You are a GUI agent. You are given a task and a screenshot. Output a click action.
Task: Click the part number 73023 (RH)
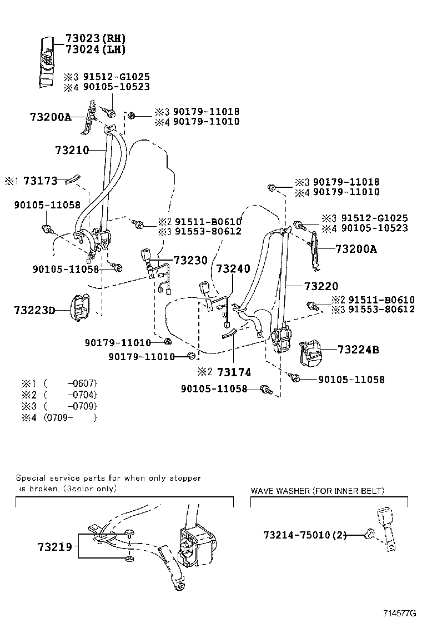point(95,39)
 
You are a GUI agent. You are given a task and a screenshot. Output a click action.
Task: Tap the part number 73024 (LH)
point(95,50)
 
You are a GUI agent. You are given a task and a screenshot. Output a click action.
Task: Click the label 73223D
point(34,310)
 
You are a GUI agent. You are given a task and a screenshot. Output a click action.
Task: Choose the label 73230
point(190,260)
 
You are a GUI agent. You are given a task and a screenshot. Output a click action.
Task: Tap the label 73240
point(233,268)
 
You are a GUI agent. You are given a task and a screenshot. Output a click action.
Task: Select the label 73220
point(320,287)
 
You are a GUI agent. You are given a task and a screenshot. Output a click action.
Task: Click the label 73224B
point(358,350)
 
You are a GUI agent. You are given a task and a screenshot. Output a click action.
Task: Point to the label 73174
point(234,371)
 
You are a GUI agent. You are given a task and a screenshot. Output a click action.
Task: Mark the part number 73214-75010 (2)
point(304,535)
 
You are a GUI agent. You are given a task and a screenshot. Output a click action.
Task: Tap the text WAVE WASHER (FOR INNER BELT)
point(317,491)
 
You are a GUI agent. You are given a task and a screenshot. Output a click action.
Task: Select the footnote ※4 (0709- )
point(59,418)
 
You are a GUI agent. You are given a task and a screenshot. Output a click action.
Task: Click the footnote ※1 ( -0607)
point(59,383)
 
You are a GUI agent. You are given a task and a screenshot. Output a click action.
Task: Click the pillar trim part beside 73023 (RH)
point(47,61)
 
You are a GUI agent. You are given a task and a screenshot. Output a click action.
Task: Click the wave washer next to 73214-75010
point(368,535)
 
